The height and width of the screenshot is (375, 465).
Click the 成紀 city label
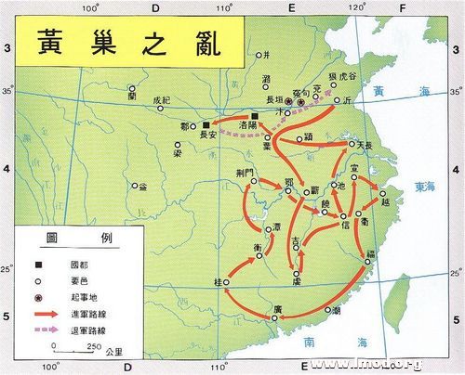[163, 99]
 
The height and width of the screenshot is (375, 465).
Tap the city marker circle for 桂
[226, 281]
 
